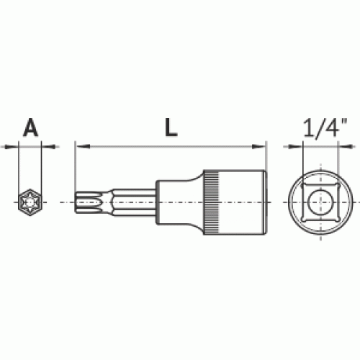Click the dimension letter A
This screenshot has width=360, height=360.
pyautogui.click(x=31, y=127)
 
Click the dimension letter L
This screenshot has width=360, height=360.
pyautogui.click(x=171, y=127)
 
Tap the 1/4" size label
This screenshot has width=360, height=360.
pyautogui.click(x=325, y=128)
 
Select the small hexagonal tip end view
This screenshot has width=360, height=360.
pyautogui.click(x=30, y=202)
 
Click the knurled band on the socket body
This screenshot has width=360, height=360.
pyautogui.click(x=211, y=202)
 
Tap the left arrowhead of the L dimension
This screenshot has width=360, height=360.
pyautogui.click(x=82, y=146)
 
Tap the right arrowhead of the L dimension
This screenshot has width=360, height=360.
pyautogui.click(x=258, y=146)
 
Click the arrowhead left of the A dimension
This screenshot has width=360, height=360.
pyautogui.click(x=12, y=146)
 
